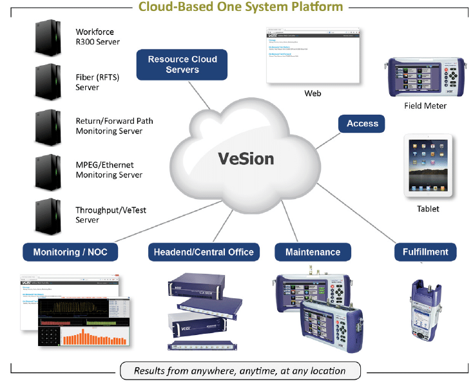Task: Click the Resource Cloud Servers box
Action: point(182,64)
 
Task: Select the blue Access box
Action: point(362,124)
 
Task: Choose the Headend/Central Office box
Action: point(204,252)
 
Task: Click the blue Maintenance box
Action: point(313,252)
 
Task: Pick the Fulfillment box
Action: point(425,252)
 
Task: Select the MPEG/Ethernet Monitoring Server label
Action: point(109,170)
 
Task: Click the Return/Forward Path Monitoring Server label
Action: point(114,126)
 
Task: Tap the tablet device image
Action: point(429,166)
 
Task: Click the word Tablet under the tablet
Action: point(428,209)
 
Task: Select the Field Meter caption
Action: point(425,106)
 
